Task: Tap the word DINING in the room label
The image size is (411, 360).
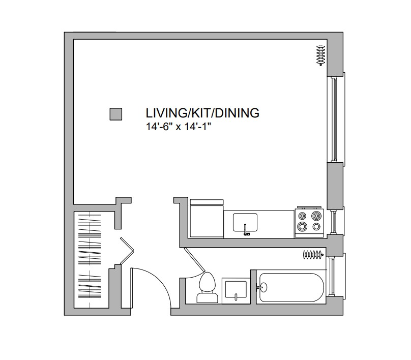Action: (x=240, y=113)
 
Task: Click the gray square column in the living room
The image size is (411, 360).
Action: (x=116, y=114)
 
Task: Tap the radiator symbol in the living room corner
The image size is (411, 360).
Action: (x=320, y=55)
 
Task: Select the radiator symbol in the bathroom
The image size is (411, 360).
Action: (x=313, y=254)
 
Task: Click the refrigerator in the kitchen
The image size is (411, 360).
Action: (x=206, y=219)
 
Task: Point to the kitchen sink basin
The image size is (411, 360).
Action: (x=245, y=222)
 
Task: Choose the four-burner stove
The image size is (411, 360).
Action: (x=309, y=222)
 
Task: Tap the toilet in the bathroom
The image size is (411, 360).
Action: (x=206, y=288)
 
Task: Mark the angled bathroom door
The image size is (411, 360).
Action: (x=195, y=260)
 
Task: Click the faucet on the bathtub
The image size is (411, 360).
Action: (x=262, y=287)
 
